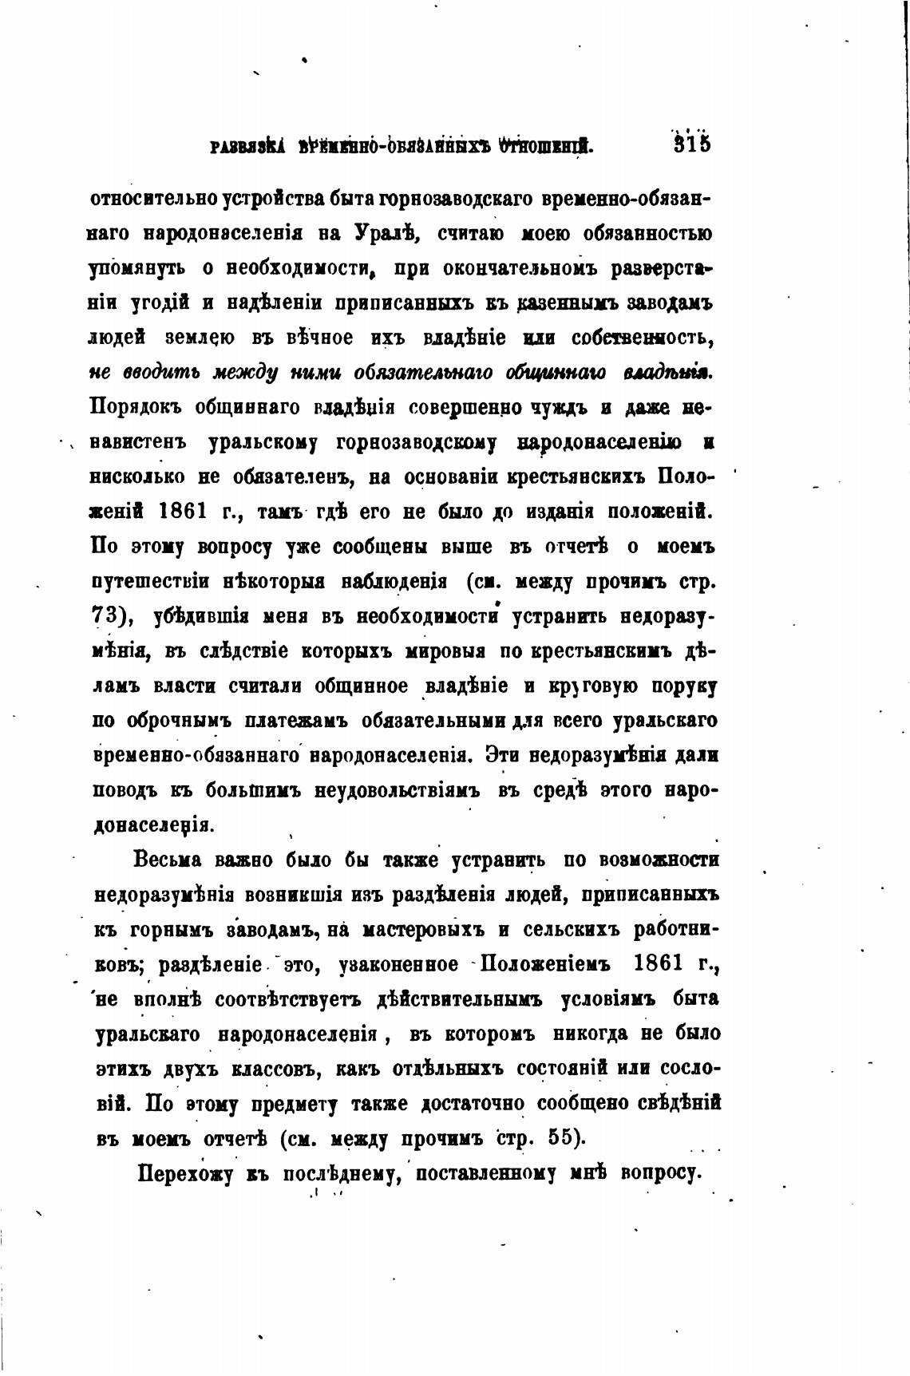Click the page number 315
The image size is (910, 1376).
point(692,145)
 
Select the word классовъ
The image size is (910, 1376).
point(277,1069)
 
